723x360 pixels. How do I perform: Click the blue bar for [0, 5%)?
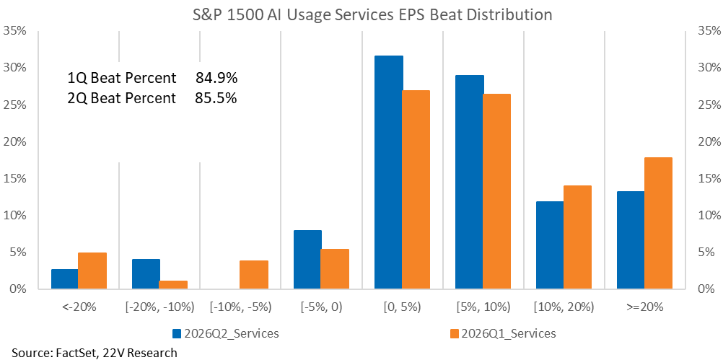[389, 172]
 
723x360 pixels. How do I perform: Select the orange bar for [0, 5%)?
[416, 190]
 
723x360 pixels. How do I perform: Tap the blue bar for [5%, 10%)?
[470, 182]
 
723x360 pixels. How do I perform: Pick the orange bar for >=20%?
[658, 224]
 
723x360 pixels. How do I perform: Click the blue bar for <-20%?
[64, 279]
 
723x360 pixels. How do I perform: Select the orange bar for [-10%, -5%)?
[254, 275]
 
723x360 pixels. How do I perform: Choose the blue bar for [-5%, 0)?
[307, 260]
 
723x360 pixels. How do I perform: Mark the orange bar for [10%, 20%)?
[577, 237]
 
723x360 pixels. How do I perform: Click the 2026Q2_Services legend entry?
[225, 333]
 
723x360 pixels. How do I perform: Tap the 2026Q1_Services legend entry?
[503, 333]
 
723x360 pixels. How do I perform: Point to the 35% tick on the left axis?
[15, 31]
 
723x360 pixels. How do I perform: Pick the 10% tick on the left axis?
[15, 216]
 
